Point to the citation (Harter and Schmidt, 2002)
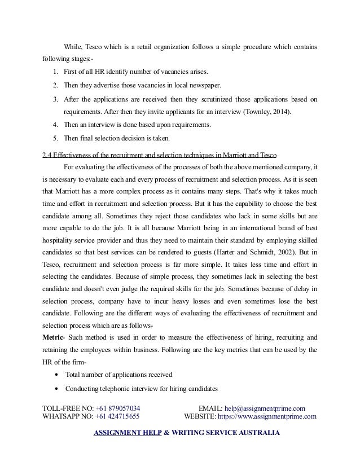pyautogui.click(x=268, y=250)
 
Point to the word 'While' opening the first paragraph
pyautogui.click(x=74, y=45)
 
